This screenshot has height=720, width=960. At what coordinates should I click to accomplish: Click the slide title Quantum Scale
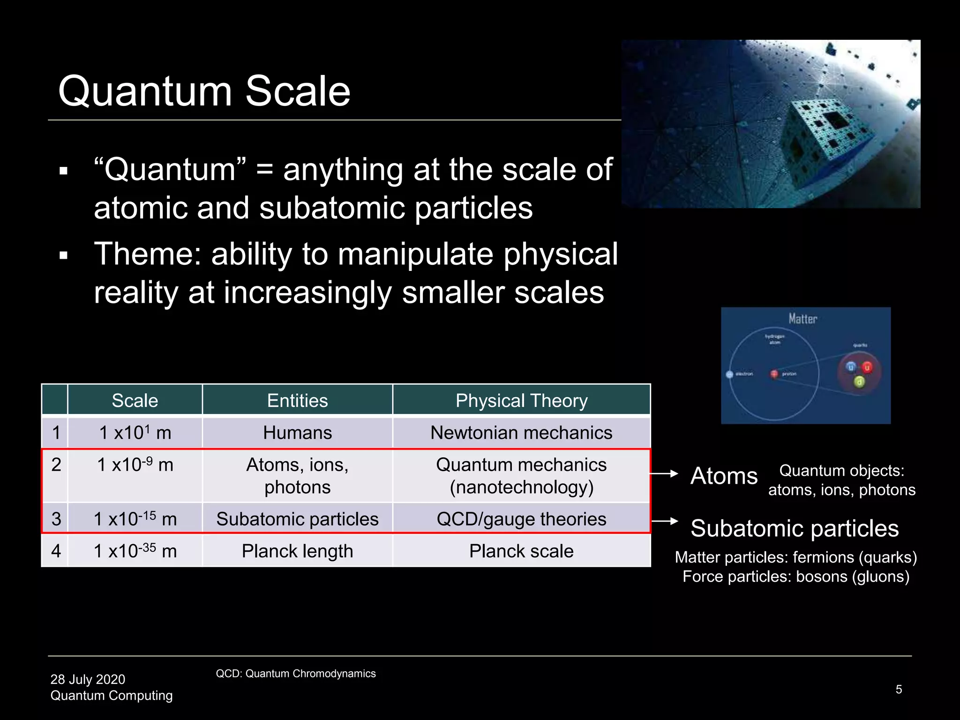click(204, 91)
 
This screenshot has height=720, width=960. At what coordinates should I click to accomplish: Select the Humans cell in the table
click(297, 433)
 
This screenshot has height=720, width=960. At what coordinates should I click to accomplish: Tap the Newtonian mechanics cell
click(521, 433)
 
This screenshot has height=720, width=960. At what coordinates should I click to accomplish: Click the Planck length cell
click(297, 551)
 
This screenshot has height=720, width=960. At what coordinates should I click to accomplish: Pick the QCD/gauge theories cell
click(521, 519)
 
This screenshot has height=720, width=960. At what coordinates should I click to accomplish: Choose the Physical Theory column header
click(521, 401)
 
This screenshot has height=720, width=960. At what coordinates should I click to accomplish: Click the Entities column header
click(297, 401)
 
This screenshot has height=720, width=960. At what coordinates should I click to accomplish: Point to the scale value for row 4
click(135, 551)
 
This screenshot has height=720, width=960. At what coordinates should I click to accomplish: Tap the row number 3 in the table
click(56, 519)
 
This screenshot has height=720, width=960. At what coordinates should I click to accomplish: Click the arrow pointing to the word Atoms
click(665, 474)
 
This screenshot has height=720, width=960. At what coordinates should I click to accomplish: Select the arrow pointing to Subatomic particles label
click(665, 521)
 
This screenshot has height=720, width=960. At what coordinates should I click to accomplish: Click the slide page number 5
click(899, 690)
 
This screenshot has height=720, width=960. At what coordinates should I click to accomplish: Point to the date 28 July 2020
click(88, 679)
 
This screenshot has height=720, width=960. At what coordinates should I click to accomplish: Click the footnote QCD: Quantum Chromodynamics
click(295, 674)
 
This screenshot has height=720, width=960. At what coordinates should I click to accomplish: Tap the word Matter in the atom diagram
click(802, 319)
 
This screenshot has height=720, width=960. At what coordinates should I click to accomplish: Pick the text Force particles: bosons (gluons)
click(795, 577)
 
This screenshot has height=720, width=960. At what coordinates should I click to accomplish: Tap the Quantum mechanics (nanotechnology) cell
click(521, 476)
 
